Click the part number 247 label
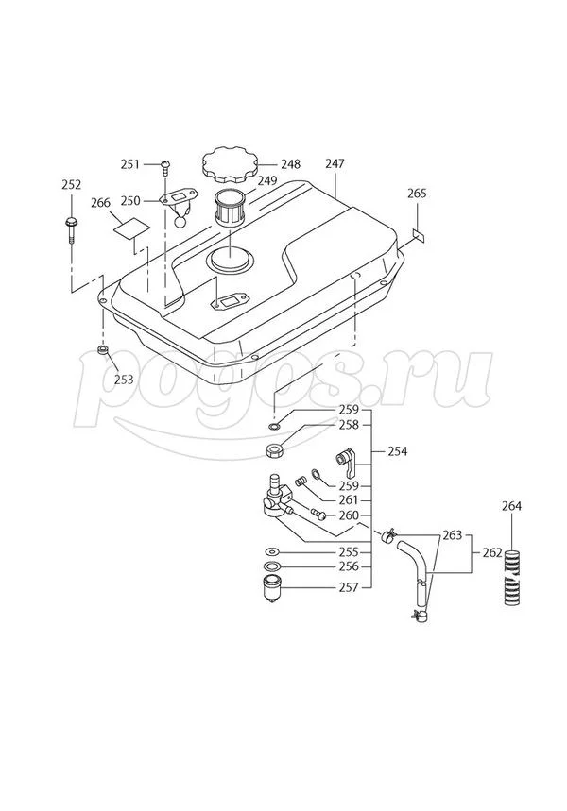click(335, 163)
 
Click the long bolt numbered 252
click(71, 230)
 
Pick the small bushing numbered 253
click(104, 352)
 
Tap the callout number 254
click(398, 451)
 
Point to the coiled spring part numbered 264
click(511, 577)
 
